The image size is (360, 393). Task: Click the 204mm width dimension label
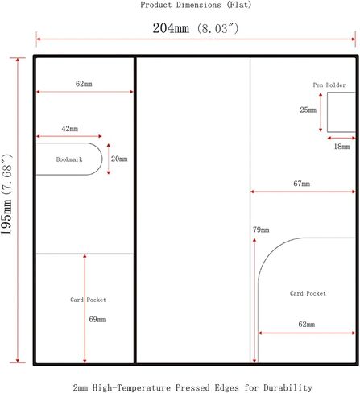click(196, 28)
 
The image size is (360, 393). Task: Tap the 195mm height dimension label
click(6, 195)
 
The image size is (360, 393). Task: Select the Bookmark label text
click(69, 159)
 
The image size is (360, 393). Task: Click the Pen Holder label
click(329, 85)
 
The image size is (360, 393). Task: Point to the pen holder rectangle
click(327, 112)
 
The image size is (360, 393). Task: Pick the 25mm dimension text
click(308, 110)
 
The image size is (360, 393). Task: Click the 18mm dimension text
click(341, 147)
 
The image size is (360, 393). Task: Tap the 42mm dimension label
click(70, 129)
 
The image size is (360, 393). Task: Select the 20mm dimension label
click(119, 159)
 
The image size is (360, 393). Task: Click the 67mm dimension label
click(301, 184)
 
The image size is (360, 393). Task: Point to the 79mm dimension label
click(261, 230)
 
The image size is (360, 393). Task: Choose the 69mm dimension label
click(97, 319)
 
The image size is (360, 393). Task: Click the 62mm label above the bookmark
click(84, 84)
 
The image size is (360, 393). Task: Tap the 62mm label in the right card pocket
click(307, 325)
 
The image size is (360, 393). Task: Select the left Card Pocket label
click(88, 300)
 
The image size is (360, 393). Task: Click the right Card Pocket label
click(308, 293)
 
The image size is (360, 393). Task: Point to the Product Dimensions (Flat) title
click(196, 5)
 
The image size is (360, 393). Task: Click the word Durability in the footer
click(288, 388)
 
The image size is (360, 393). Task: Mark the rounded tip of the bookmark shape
click(102, 159)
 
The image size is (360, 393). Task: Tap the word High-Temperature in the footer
click(131, 388)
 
